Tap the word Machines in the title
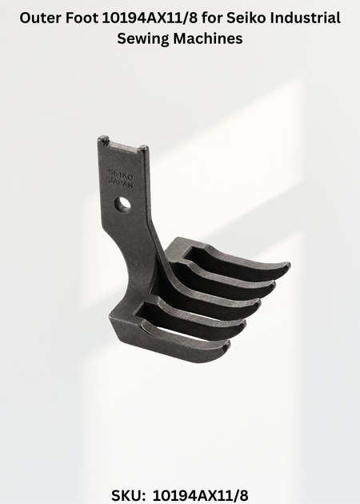tap(208, 38)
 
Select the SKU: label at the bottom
tap(128, 495)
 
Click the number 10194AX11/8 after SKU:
tap(200, 495)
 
